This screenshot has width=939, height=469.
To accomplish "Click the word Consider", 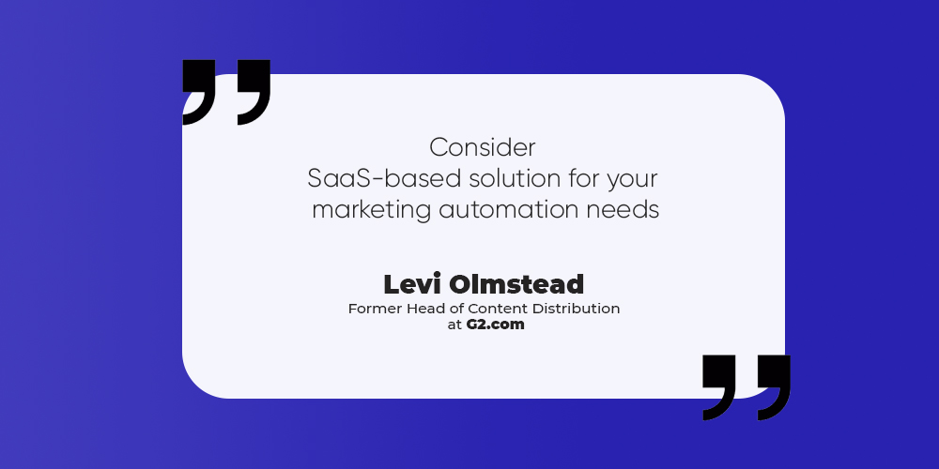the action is tap(483, 148).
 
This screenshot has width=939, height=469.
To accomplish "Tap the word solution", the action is tap(515, 179).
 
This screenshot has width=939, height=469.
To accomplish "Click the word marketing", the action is tap(371, 211).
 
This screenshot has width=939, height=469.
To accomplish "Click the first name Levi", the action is tap(412, 285).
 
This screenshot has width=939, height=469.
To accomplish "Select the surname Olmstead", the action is tap(516, 285).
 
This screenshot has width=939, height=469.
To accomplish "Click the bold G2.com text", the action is tap(495, 325).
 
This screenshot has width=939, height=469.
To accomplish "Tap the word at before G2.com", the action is tap(454, 325).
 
